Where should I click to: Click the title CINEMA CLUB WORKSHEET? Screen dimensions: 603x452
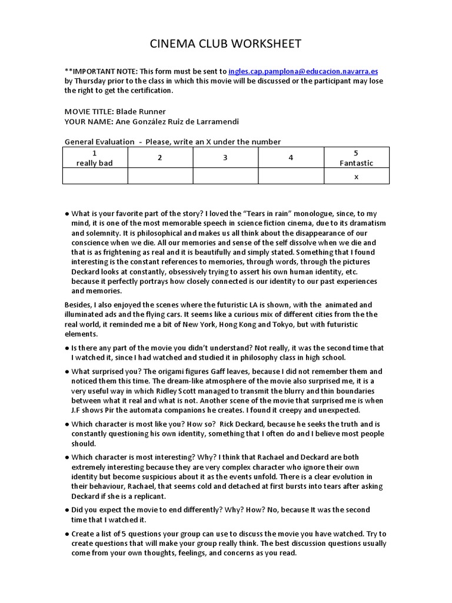[225, 44]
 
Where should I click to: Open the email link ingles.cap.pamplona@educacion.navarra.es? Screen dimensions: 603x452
[304, 71]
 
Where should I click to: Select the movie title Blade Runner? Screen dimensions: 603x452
[141, 111]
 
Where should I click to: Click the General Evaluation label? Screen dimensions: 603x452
[98, 141]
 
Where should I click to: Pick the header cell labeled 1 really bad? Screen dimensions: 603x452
[95, 158]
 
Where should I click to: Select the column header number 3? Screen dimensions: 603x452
[225, 158]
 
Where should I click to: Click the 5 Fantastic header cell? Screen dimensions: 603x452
[356, 158]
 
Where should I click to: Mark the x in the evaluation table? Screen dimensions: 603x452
[356, 176]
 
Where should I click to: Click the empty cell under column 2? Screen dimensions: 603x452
[160, 176]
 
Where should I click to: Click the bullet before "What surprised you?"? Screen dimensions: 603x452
[67, 372]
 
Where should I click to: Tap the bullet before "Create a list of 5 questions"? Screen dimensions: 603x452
[67, 534]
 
